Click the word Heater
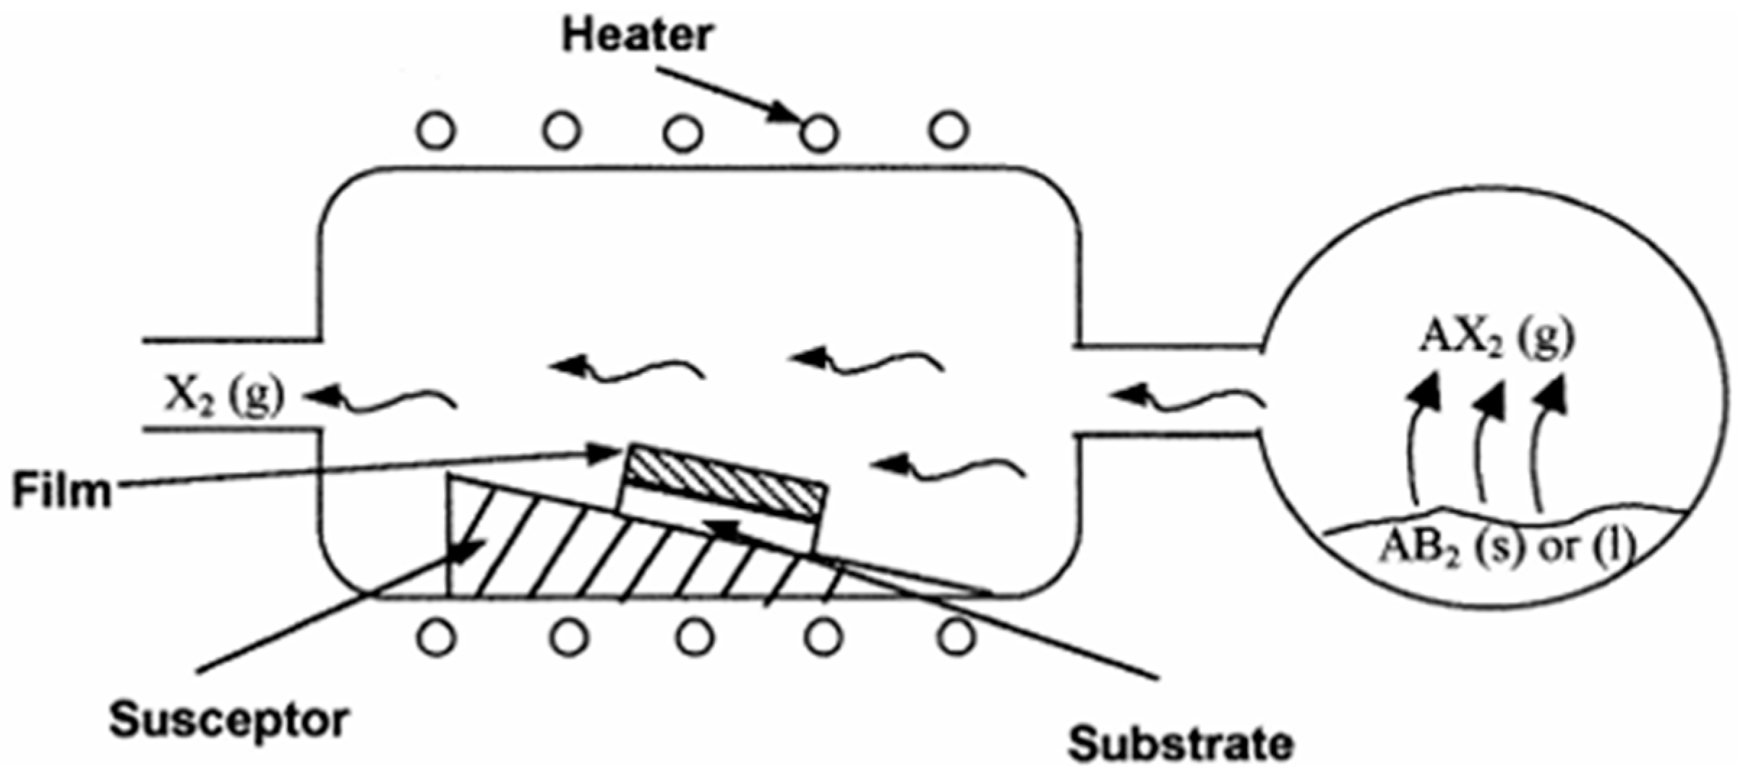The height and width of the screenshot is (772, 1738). click(x=638, y=37)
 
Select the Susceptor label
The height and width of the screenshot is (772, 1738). click(x=229, y=720)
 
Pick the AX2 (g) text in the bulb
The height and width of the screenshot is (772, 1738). click(x=1497, y=338)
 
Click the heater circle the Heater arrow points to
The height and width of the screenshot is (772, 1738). click(x=819, y=133)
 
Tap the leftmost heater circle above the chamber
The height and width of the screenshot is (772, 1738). click(x=436, y=132)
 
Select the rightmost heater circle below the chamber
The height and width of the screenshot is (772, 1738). click(x=956, y=637)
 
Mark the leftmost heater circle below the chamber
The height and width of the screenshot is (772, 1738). click(x=437, y=638)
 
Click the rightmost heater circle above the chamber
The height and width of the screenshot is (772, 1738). click(x=949, y=130)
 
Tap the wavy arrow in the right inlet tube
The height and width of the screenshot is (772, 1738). click(x=1186, y=399)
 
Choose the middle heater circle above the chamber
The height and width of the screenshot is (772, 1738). click(x=683, y=134)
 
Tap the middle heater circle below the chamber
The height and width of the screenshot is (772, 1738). click(x=695, y=638)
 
